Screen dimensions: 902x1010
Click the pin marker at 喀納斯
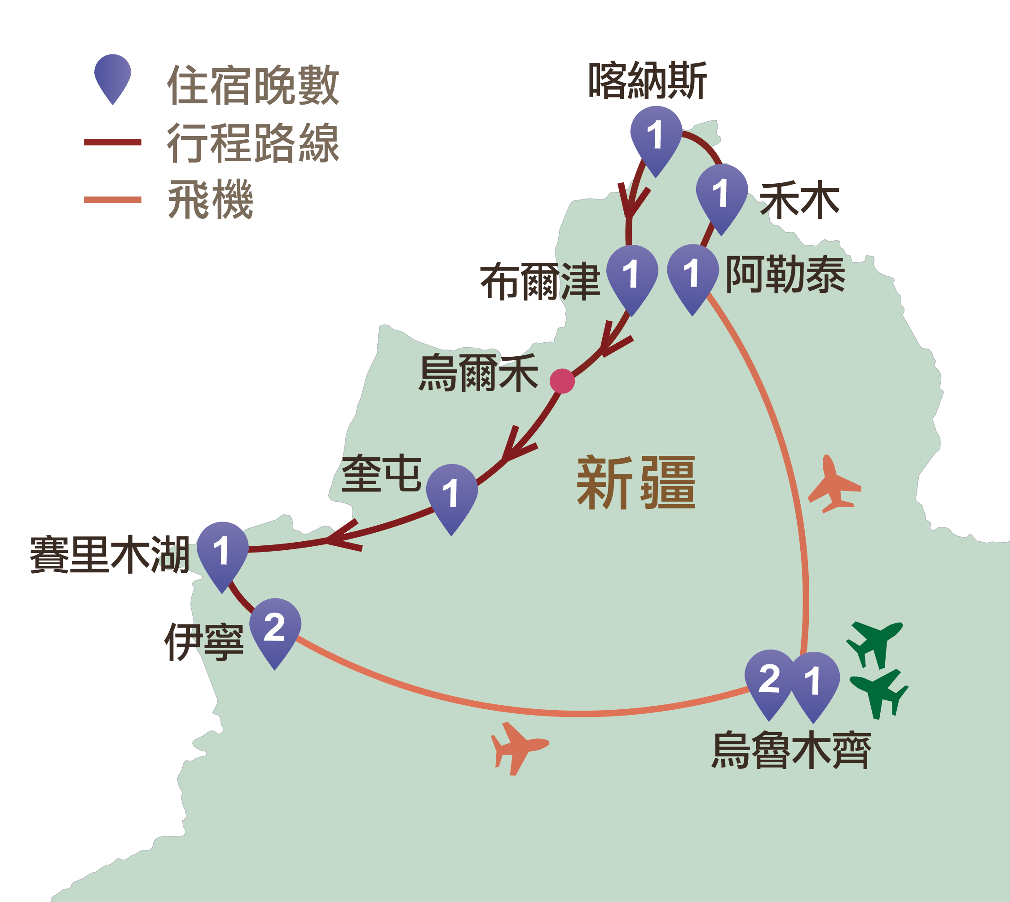(656, 136)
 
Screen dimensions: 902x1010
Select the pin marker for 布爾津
(632, 275)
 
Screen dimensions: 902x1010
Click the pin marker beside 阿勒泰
(692, 274)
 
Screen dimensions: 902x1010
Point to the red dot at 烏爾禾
(562, 381)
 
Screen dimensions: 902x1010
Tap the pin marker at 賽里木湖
(222, 552)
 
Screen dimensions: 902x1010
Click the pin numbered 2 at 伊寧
(275, 628)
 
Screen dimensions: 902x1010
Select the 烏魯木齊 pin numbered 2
(769, 680)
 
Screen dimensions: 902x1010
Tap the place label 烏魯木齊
(791, 750)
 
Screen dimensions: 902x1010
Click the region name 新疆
(636, 483)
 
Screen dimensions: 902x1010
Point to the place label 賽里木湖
(110, 555)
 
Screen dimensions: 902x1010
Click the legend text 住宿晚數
(253, 85)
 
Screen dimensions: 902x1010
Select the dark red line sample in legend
(113, 142)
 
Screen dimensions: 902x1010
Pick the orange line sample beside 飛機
(113, 200)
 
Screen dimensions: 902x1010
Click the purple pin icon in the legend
(113, 77)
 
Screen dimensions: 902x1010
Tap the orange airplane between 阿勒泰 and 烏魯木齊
(834, 485)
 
